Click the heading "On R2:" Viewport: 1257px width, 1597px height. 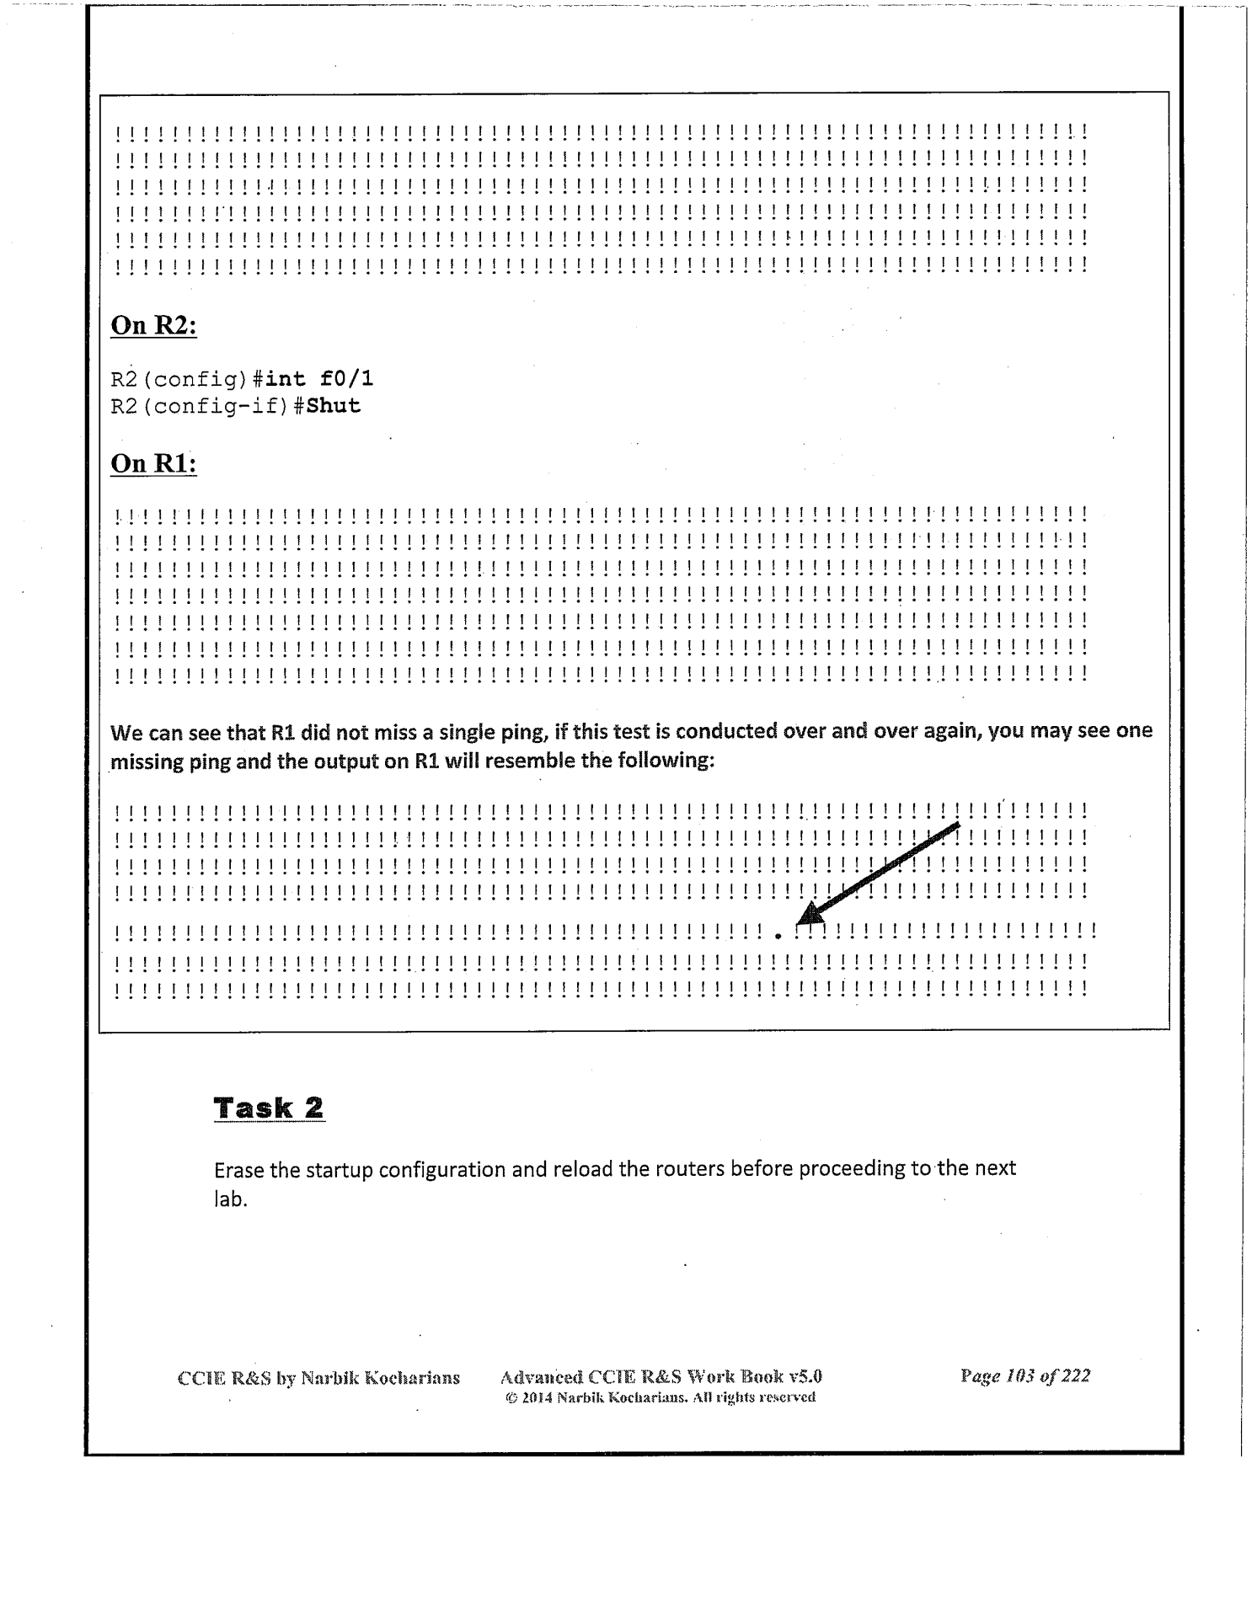click(153, 326)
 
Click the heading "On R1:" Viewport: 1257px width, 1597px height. click(153, 464)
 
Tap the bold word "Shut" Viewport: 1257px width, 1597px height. click(334, 406)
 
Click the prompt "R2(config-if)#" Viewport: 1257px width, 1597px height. click(207, 407)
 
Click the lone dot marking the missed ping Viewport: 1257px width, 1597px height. click(778, 935)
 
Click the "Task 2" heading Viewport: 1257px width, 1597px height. click(269, 1108)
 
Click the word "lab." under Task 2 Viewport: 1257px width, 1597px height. click(230, 1199)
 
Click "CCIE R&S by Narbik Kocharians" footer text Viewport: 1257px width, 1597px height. click(318, 1378)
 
